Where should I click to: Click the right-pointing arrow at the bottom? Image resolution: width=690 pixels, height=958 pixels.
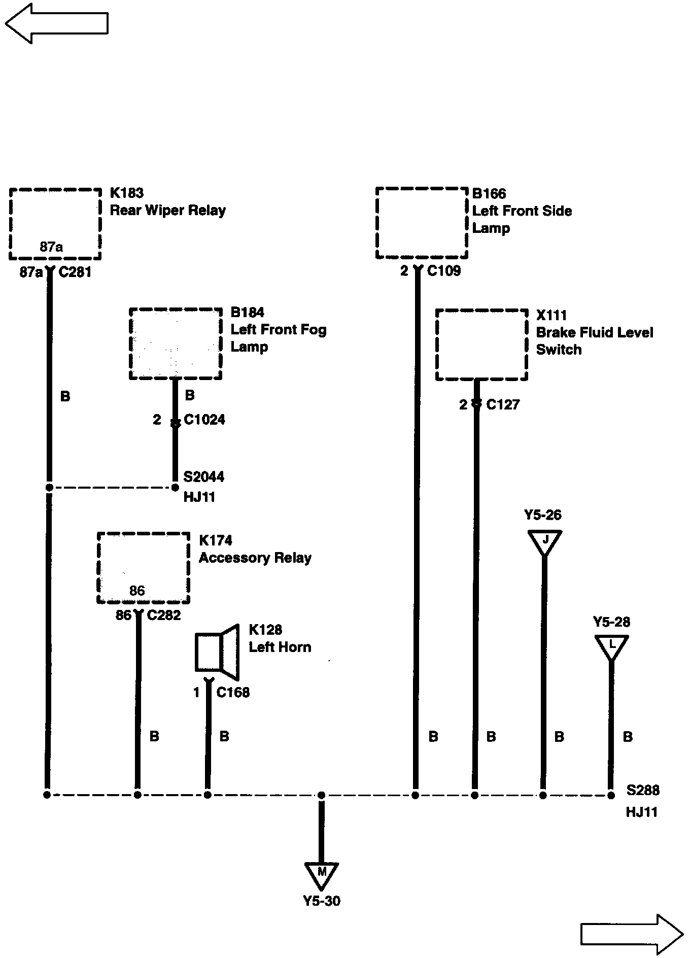point(632,934)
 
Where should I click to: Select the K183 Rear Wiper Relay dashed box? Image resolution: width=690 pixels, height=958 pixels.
point(55,224)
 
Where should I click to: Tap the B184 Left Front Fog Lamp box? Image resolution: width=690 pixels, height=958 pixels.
point(176,344)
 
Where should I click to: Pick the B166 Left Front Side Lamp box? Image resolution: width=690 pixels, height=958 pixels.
point(422,223)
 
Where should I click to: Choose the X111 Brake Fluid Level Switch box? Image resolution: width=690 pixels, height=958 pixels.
point(481,345)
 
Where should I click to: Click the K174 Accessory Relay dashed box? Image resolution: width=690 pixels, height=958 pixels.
point(143,568)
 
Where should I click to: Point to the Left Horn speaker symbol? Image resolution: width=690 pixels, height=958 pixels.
point(217,652)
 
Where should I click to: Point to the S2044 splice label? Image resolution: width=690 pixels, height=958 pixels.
point(203,477)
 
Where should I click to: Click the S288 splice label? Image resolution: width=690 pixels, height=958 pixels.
point(643,790)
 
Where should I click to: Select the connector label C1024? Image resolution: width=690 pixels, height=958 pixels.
point(204,420)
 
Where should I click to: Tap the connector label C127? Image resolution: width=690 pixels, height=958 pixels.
point(503,404)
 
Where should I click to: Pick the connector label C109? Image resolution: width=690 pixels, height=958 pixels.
point(444,271)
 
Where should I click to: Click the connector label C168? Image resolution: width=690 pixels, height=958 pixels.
point(233,693)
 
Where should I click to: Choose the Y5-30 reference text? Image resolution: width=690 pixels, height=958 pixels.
point(322,901)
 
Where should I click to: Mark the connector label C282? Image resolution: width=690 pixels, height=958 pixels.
point(164,615)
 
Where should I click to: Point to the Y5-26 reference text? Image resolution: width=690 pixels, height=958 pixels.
point(543,516)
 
